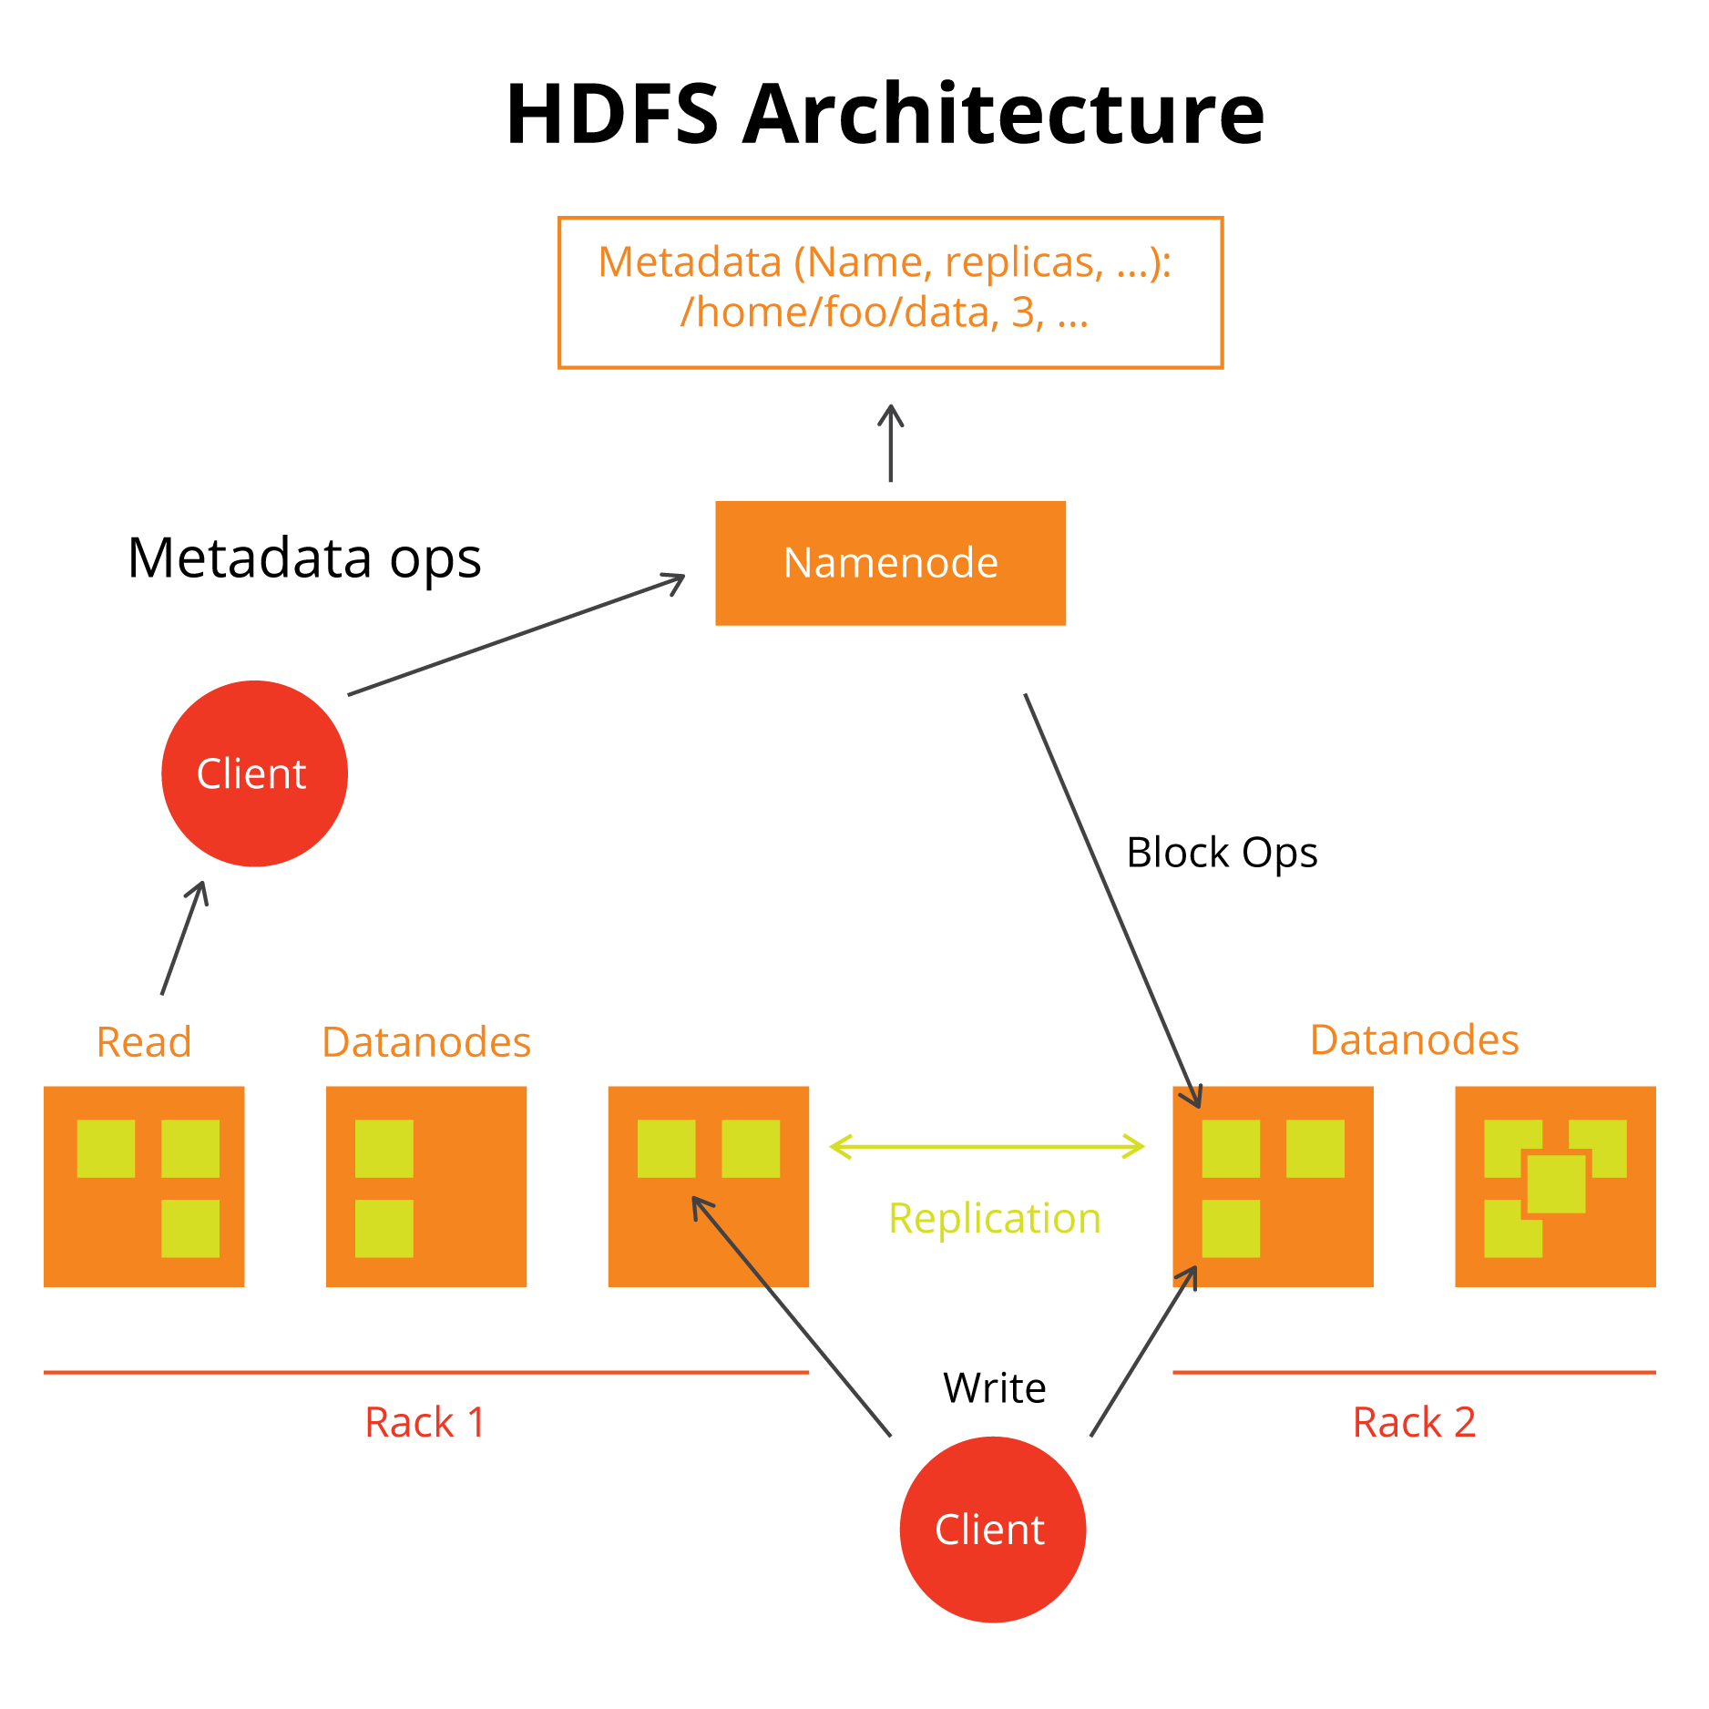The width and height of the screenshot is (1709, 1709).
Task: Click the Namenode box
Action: (x=890, y=563)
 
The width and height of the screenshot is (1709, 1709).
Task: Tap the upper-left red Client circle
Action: (x=254, y=773)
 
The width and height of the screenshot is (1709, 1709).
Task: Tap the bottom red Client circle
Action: (x=992, y=1529)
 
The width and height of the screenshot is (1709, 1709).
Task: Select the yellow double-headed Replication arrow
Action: (x=987, y=1146)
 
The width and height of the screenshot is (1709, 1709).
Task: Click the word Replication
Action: (x=994, y=1218)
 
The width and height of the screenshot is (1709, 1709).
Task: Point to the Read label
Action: (x=144, y=1041)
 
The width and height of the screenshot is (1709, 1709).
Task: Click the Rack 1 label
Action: (x=425, y=1422)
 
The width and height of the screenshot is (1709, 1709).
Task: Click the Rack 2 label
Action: (x=1414, y=1422)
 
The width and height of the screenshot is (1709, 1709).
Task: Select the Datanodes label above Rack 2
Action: (x=1414, y=1039)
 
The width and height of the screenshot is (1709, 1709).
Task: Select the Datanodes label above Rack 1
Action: (x=425, y=1041)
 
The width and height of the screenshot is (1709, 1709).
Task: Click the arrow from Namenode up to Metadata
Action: (x=890, y=444)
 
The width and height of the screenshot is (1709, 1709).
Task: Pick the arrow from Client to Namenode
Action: (x=515, y=635)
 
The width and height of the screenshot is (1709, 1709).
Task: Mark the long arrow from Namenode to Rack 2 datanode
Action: (x=1111, y=897)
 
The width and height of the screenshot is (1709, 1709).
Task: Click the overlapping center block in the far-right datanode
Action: (x=1556, y=1183)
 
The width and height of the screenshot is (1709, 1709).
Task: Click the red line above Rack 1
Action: (x=425, y=1371)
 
